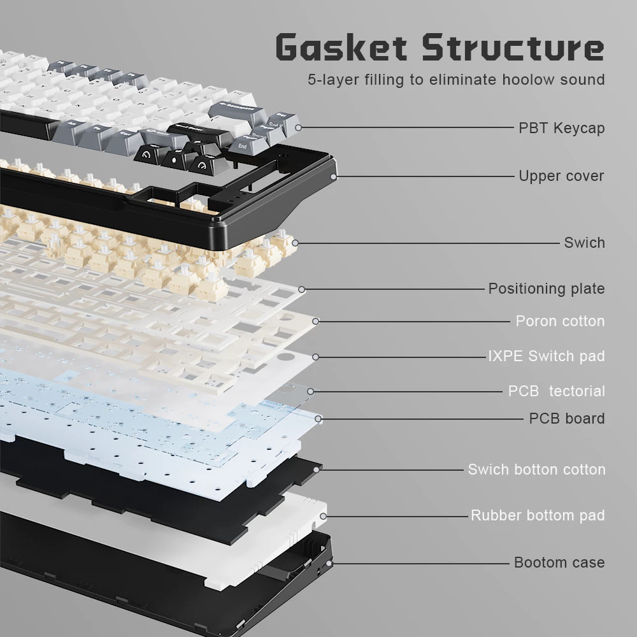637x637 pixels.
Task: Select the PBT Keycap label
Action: pos(561,128)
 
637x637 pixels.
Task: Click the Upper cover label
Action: pos(561,176)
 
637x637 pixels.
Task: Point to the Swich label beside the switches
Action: pos(584,243)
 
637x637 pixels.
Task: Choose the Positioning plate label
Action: pos(546,289)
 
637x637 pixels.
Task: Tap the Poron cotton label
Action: pos(560,321)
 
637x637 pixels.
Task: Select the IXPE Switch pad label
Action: pos(546,356)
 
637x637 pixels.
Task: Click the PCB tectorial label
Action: pos(556,391)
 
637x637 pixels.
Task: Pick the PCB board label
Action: pos(567,419)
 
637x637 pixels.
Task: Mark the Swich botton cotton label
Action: pos(536,469)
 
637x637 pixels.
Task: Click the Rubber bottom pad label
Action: pos(538,515)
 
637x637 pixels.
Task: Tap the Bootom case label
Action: pos(559,562)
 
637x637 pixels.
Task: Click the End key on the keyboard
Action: pos(243,146)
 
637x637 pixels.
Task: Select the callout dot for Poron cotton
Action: pos(315,321)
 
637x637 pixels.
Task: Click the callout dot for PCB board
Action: pos(318,419)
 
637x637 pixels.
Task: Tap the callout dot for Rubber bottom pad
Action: pos(323,515)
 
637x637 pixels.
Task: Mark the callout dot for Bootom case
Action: pos(329,563)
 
